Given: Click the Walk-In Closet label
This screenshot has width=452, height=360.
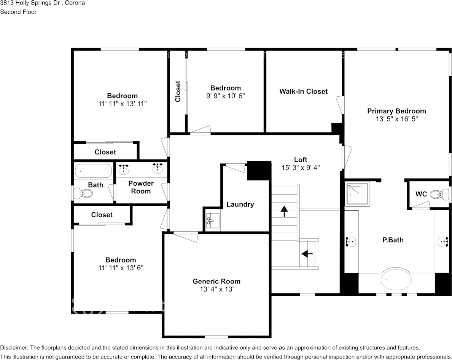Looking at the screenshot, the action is [303, 91].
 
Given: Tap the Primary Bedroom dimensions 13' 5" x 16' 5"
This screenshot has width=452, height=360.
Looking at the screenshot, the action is [397, 119].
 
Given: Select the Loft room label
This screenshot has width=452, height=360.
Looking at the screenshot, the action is [300, 160].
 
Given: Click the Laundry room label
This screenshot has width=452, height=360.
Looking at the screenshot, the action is [240, 204].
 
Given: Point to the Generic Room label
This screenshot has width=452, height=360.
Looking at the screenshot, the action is [216, 281].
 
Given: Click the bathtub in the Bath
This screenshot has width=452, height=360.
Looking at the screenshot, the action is [93, 171].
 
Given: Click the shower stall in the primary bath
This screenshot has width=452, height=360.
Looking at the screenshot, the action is [357, 194].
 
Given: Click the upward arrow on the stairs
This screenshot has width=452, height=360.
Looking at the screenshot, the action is [284, 211].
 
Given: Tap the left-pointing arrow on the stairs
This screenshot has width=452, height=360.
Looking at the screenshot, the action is [307, 254].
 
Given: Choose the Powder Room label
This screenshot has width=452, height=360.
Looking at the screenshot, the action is [141, 187].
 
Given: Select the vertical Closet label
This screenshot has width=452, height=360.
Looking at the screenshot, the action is [178, 91].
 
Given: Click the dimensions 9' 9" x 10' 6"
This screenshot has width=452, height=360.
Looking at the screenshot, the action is [225, 96].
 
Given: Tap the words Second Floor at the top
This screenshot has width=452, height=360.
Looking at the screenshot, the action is [18, 12].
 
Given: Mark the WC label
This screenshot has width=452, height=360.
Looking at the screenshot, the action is [421, 194].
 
